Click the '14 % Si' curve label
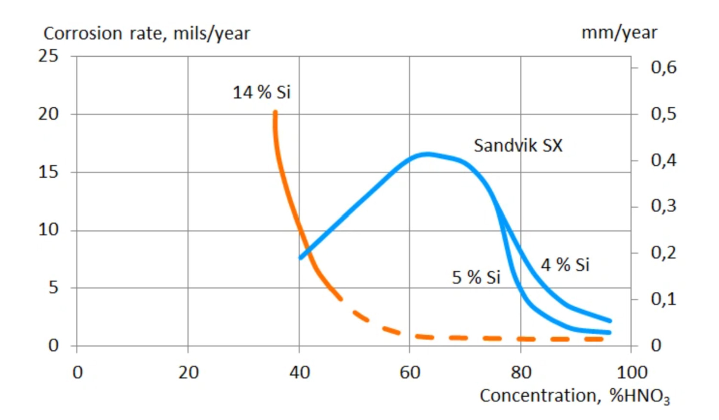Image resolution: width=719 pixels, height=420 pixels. pyautogui.click(x=262, y=93)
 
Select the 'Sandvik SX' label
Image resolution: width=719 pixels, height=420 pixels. pyautogui.click(x=518, y=145)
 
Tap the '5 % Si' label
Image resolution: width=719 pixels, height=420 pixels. pyautogui.click(x=476, y=278)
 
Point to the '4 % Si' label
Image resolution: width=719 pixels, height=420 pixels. pyautogui.click(x=565, y=265)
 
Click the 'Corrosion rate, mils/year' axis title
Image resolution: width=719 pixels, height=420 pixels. pyautogui.click(x=147, y=34)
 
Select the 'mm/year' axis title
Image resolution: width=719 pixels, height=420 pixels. pyautogui.click(x=619, y=33)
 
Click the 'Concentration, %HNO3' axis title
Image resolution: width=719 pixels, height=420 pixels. pyautogui.click(x=574, y=396)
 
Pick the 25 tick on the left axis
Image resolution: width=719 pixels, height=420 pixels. pyautogui.click(x=48, y=56)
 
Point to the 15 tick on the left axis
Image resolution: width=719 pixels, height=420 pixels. pyautogui.click(x=48, y=172)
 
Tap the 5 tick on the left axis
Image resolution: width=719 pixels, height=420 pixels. pyautogui.click(x=53, y=287)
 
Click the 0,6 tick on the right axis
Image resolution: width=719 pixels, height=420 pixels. pyautogui.click(x=663, y=68)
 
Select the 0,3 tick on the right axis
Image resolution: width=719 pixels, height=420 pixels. pyautogui.click(x=663, y=206)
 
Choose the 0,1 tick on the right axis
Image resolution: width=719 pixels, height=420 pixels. pyautogui.click(x=663, y=299)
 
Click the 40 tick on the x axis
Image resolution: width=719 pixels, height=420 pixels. pyautogui.click(x=299, y=372)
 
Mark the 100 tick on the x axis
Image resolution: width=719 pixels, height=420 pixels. pyautogui.click(x=632, y=372)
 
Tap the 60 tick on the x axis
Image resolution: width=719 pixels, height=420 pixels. pyautogui.click(x=410, y=372)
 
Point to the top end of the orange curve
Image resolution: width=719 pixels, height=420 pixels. pyautogui.click(x=275, y=113)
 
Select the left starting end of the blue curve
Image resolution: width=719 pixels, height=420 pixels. pyautogui.click(x=301, y=258)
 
